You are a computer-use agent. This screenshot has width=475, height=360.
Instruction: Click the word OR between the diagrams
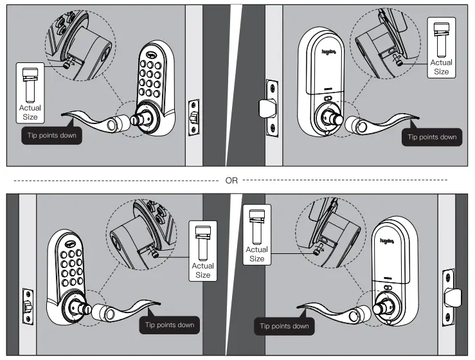231,181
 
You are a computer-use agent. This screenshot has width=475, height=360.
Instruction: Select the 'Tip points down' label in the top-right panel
432,136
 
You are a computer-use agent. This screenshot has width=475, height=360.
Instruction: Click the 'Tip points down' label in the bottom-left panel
169,325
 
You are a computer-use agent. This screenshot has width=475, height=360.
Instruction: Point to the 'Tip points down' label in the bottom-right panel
283,326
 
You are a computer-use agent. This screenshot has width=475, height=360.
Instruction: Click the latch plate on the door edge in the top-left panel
192,117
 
